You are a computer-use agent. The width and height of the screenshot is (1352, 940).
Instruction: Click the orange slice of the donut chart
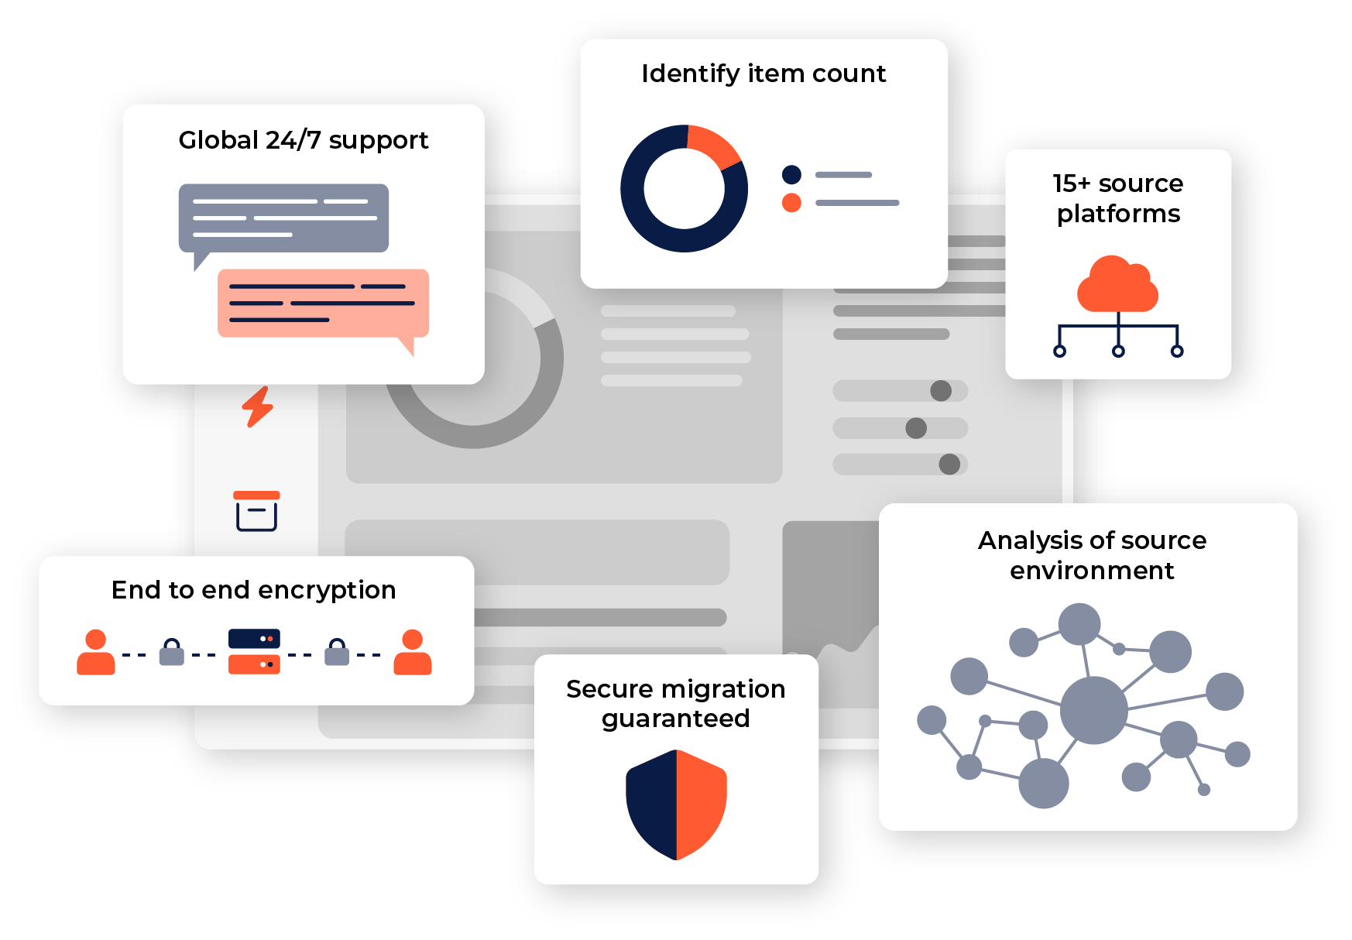click(712, 146)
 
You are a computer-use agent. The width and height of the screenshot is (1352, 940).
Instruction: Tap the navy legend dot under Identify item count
click(791, 174)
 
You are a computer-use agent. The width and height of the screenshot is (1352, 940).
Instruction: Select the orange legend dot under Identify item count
click(791, 203)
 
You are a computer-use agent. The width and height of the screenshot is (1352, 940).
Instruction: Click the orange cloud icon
click(1117, 286)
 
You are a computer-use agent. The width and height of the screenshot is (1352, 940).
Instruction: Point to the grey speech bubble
click(283, 218)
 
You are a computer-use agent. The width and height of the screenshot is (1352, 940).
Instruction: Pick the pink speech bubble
click(323, 303)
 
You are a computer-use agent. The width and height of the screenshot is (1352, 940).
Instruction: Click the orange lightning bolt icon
click(258, 407)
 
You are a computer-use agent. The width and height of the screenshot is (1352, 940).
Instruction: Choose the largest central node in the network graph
click(1093, 710)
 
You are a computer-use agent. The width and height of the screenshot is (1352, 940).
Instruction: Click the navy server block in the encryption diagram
click(254, 639)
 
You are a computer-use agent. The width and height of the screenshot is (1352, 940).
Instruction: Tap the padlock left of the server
click(172, 653)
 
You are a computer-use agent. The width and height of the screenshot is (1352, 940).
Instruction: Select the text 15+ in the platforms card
click(1071, 184)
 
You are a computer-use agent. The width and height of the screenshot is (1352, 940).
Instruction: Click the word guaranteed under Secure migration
click(675, 719)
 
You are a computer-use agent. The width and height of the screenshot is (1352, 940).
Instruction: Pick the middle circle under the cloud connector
click(1118, 351)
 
